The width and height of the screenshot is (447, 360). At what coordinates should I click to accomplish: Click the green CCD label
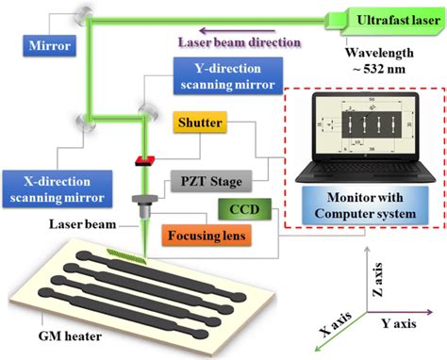pos(240,206)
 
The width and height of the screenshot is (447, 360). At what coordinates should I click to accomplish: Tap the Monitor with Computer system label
pos(361,205)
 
